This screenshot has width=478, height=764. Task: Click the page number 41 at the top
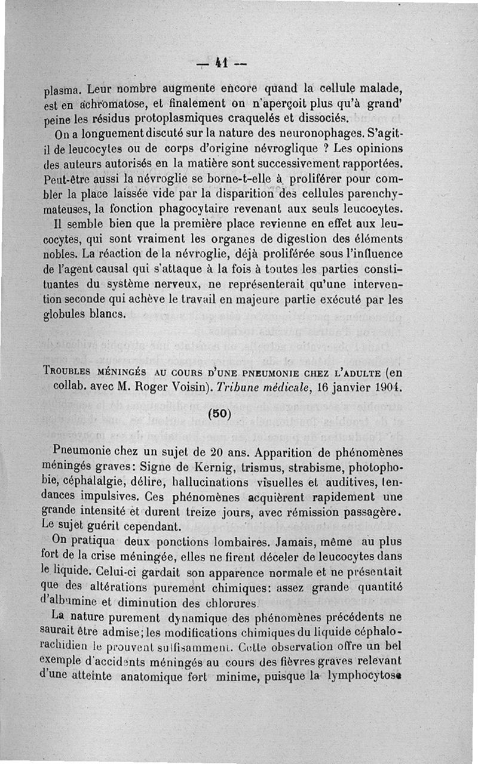(220, 62)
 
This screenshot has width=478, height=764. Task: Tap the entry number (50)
(220, 413)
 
